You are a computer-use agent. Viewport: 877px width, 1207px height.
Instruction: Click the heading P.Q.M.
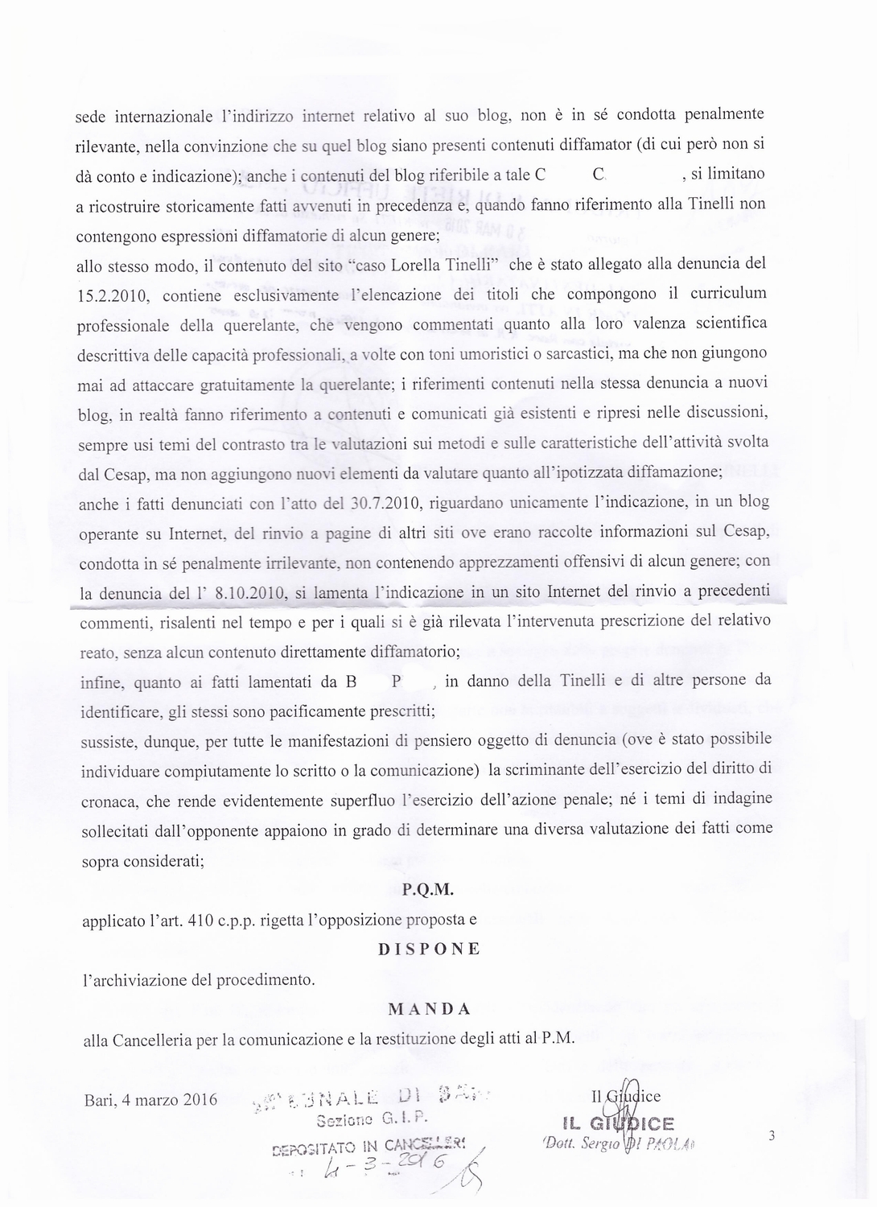[x=428, y=889]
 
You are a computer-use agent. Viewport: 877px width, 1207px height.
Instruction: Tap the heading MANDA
[x=430, y=1009]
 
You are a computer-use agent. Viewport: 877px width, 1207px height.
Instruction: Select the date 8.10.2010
[x=247, y=594]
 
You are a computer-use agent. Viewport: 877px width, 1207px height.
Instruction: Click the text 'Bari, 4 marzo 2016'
[x=150, y=1099]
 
